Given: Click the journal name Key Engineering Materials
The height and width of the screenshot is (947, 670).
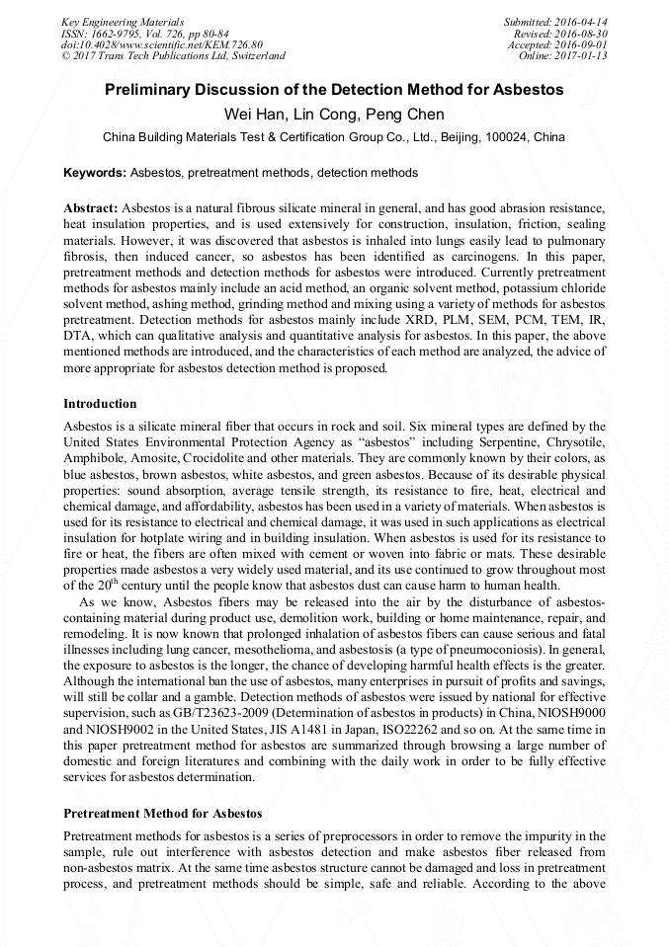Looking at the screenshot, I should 123,21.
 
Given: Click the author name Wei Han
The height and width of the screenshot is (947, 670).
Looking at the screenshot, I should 254,114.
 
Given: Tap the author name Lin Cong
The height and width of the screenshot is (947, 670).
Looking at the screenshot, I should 325,114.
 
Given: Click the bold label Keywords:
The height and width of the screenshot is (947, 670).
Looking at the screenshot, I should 95,173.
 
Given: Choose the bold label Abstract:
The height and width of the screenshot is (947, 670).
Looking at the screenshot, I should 91,209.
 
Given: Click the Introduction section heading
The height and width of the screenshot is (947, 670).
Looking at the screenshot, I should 100,404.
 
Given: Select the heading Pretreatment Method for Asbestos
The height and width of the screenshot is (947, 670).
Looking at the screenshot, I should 162,814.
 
